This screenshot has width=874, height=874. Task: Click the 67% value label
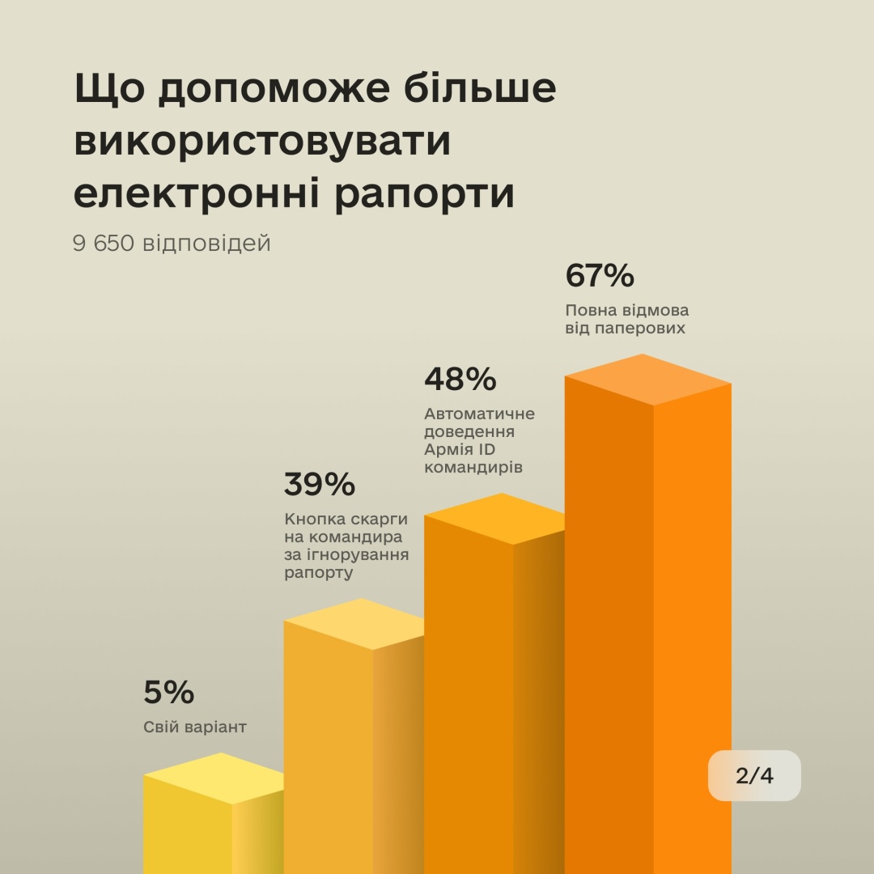[600, 276]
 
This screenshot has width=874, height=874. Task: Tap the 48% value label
[460, 378]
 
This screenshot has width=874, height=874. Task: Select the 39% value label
[319, 484]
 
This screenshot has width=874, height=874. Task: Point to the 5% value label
[169, 693]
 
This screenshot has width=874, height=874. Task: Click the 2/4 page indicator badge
[754, 775]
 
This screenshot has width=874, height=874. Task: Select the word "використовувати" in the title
[261, 142]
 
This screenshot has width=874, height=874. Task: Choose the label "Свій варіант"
[194, 728]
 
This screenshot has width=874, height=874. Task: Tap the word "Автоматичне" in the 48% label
[479, 414]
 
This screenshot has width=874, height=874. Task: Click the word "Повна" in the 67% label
[589, 311]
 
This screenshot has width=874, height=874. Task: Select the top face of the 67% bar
[647, 380]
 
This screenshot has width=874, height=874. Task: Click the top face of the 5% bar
[214, 778]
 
